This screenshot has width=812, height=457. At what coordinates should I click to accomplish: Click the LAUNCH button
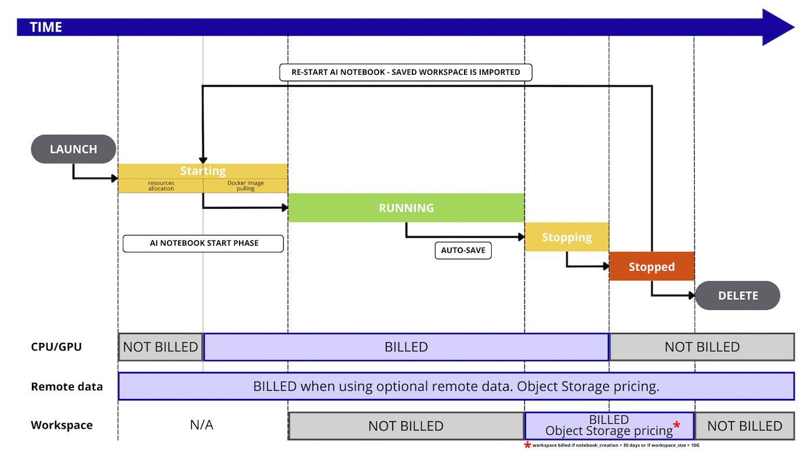coord(74,149)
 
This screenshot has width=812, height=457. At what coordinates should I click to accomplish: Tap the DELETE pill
coord(738,296)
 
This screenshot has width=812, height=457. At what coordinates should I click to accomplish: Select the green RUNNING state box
coord(406,208)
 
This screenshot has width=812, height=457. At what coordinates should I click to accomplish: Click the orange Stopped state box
coord(651,267)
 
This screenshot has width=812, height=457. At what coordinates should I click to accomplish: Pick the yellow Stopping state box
coord(567,237)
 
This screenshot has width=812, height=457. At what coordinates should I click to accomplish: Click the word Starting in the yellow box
coord(203,171)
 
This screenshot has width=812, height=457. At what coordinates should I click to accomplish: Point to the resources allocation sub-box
coord(161,186)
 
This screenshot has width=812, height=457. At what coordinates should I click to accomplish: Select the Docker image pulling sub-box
coord(245,186)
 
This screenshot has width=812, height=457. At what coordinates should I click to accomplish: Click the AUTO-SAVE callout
coord(463,251)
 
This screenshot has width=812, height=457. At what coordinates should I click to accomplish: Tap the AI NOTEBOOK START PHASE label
coord(203,244)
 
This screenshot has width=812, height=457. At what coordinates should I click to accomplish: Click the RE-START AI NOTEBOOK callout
coord(405,72)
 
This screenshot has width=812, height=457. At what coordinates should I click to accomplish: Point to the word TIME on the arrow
coord(46,27)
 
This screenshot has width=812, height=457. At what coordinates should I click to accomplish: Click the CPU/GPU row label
coord(56,347)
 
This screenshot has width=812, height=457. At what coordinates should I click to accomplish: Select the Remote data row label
coord(67,387)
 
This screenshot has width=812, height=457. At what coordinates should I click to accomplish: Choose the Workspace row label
coord(61,426)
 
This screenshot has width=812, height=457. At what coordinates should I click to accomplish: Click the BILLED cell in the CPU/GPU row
coord(406,347)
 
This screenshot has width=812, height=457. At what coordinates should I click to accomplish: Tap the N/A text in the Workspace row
coord(201,426)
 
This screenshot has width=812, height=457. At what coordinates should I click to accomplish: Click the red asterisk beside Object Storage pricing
coord(676,426)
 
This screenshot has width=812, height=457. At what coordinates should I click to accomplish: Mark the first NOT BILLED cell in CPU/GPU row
coord(161,347)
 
